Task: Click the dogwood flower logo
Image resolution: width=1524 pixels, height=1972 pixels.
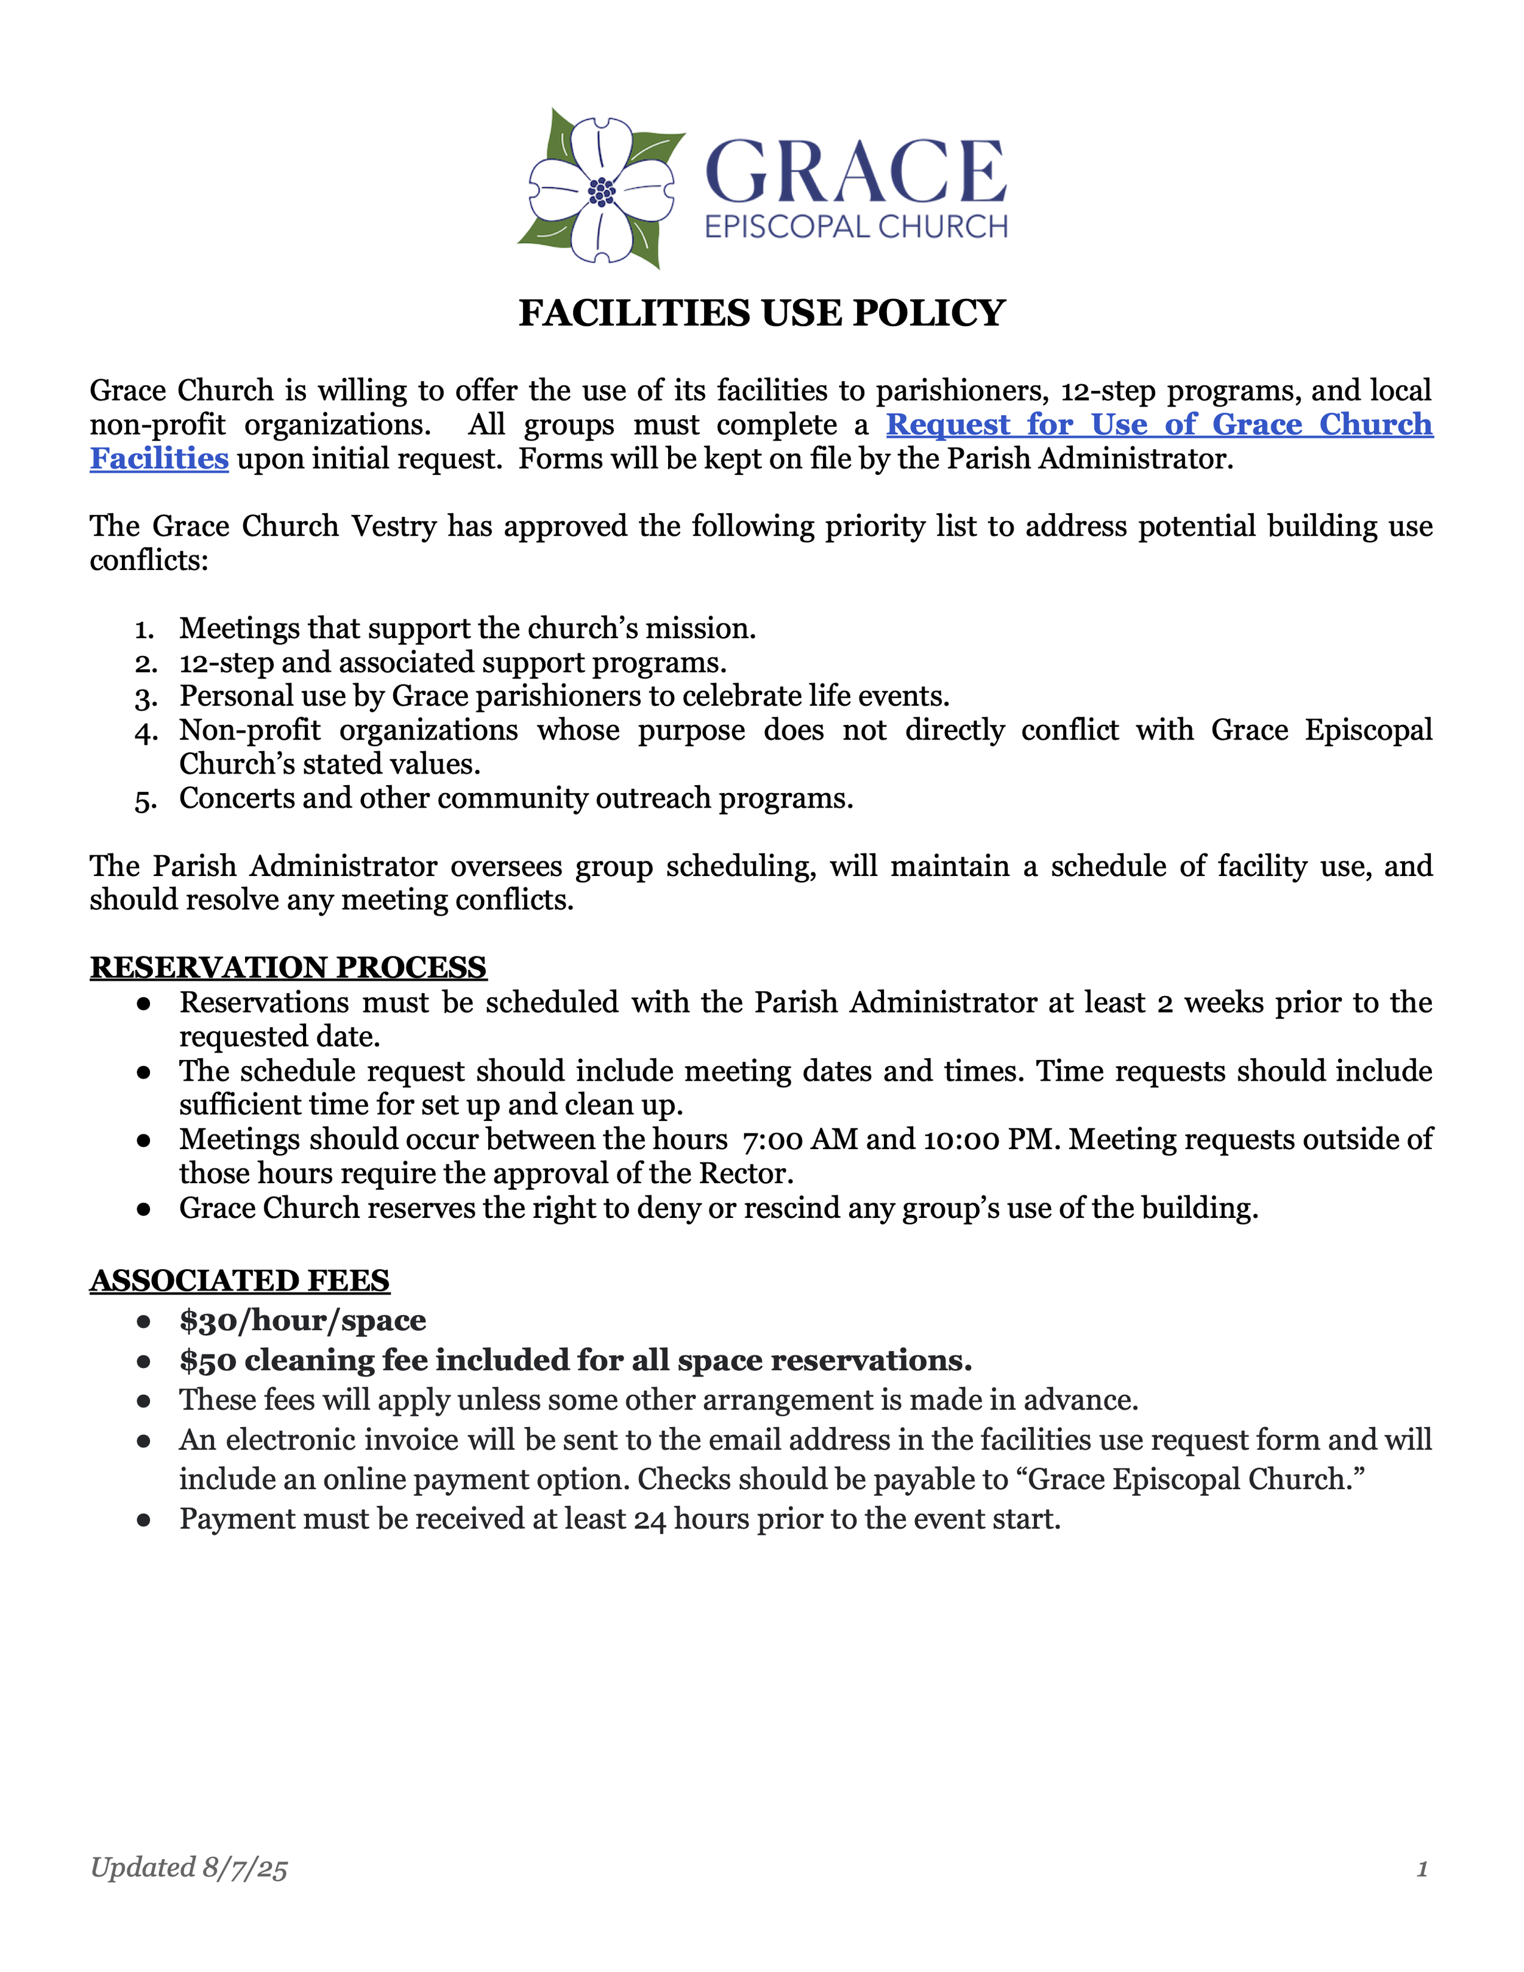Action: point(600,190)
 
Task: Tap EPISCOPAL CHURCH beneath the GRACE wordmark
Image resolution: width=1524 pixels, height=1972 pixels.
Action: point(855,227)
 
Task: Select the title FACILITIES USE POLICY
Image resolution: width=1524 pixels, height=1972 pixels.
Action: point(761,313)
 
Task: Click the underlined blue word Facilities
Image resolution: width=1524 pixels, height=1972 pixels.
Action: point(159,458)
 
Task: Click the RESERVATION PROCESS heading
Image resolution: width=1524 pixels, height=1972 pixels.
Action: point(288,967)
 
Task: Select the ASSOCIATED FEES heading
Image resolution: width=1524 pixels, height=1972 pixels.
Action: point(239,1280)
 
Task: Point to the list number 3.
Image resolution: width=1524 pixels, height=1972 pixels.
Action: point(145,698)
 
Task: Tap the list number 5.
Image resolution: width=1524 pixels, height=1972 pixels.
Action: point(145,800)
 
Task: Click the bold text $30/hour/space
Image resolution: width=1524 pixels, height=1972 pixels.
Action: point(302,1320)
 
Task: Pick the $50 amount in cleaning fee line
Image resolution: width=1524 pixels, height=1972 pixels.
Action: point(208,1360)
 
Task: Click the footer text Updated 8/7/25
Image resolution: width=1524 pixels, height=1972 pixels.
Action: point(189,1867)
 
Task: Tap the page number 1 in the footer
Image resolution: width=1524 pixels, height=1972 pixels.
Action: point(1422,1868)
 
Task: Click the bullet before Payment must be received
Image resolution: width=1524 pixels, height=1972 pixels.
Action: point(143,1520)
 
